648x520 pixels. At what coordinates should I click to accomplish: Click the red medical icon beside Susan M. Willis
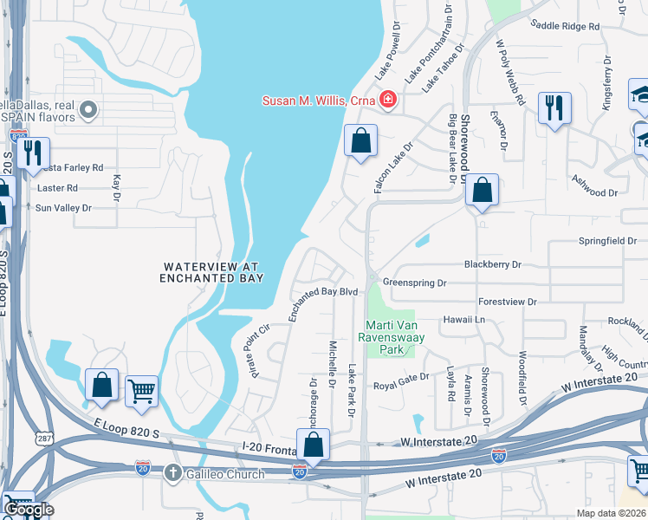click(387, 101)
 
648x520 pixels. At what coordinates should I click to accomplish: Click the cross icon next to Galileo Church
click(172, 473)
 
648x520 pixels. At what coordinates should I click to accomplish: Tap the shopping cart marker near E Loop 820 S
click(141, 390)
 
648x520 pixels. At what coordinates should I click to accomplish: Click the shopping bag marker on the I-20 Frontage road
click(313, 445)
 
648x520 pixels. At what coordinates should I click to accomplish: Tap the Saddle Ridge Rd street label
click(565, 27)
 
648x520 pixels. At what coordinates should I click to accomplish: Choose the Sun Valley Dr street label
click(62, 208)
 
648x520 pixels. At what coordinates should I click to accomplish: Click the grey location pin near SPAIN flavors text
click(87, 110)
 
